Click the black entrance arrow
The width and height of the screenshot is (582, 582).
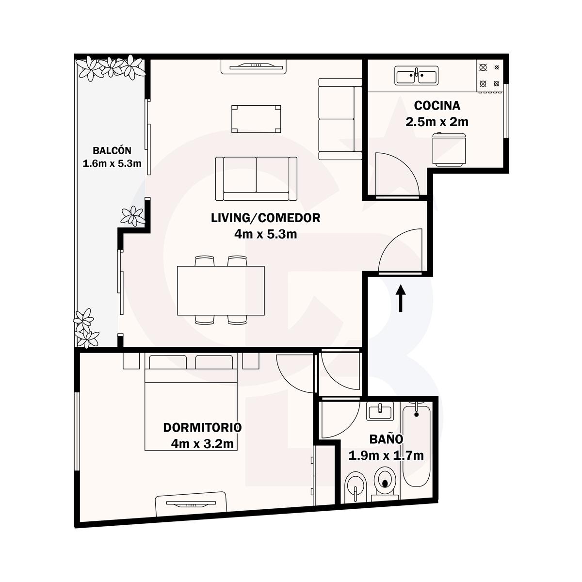(x=401, y=298)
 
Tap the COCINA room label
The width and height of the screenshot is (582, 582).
(x=437, y=105)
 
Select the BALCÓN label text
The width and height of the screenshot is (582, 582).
(x=112, y=150)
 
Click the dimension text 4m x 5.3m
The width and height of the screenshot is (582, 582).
(x=265, y=234)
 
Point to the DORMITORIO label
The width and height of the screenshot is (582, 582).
(x=202, y=427)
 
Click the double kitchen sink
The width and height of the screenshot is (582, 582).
(x=417, y=76)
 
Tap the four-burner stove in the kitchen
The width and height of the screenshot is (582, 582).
(x=490, y=76)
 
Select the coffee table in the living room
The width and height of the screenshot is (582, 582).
(x=256, y=119)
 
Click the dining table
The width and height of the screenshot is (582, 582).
(x=221, y=290)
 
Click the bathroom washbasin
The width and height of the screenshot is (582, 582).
(x=380, y=411)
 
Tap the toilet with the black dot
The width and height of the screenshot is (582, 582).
(x=385, y=485)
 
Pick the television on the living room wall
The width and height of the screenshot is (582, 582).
(x=253, y=66)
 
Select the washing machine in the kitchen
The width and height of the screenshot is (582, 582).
(x=449, y=149)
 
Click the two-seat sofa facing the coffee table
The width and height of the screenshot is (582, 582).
(x=256, y=179)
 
